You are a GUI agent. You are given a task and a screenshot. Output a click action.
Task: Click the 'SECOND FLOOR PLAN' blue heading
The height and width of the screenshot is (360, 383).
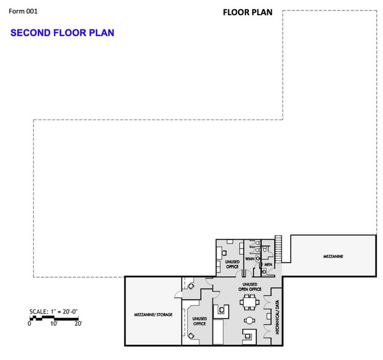point(62,32)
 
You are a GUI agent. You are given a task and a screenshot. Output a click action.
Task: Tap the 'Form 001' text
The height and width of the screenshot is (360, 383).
point(23,11)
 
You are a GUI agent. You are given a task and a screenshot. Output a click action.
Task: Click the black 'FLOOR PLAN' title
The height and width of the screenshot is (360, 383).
point(248,12)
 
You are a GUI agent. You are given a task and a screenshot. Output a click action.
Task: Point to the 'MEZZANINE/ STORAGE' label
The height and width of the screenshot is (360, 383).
point(153,315)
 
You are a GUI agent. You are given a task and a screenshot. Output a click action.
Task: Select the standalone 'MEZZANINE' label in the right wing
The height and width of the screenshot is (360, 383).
point(333,257)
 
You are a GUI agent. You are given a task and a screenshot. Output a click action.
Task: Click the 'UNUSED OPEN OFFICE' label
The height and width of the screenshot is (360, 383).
point(250,287)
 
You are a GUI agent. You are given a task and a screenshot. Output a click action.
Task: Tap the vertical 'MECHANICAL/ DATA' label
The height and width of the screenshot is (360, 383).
point(277,317)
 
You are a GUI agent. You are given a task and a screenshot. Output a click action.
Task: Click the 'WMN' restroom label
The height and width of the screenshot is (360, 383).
point(250,258)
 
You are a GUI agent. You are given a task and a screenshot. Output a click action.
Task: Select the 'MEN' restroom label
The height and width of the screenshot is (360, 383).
point(268,264)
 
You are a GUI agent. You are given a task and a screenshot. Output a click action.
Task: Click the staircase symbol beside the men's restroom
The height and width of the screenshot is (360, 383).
point(278,249)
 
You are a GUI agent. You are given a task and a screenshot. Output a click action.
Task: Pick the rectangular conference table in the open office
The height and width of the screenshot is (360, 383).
point(249,302)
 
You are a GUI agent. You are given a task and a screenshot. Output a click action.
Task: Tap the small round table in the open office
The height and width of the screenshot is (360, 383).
point(249,320)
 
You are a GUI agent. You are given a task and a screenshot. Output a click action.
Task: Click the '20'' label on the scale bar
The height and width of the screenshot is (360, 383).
point(78,324)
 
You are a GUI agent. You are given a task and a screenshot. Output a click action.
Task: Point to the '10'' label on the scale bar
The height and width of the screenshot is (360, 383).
point(54,324)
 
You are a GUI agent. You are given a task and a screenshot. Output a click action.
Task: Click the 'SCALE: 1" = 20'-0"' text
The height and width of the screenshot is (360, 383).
point(53,312)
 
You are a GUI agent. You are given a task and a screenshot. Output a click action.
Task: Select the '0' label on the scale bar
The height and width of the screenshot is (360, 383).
point(29,324)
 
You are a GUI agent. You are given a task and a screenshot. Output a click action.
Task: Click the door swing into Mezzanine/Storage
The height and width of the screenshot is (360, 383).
point(178,294)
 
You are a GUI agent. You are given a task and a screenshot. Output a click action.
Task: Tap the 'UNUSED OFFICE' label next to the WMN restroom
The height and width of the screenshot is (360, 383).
point(232,264)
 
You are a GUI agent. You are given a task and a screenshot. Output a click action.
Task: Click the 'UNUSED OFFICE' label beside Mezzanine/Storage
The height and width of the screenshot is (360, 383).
point(199,321)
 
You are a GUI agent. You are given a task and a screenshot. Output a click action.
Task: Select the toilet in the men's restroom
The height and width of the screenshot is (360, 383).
point(266,250)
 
